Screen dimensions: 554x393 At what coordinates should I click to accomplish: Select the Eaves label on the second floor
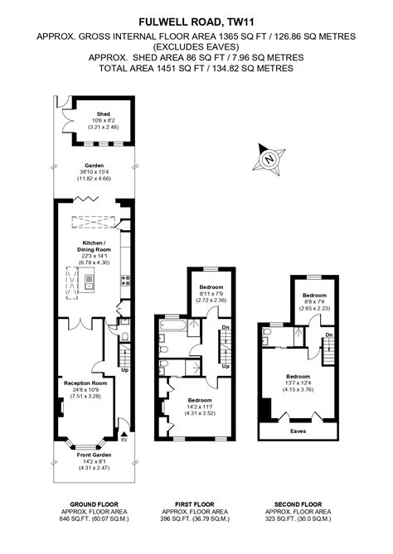(298, 431)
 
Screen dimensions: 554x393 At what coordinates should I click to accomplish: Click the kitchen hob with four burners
(126, 282)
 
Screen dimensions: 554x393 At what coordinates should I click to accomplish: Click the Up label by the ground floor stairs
(124, 370)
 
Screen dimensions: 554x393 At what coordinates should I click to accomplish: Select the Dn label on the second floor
(329, 335)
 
